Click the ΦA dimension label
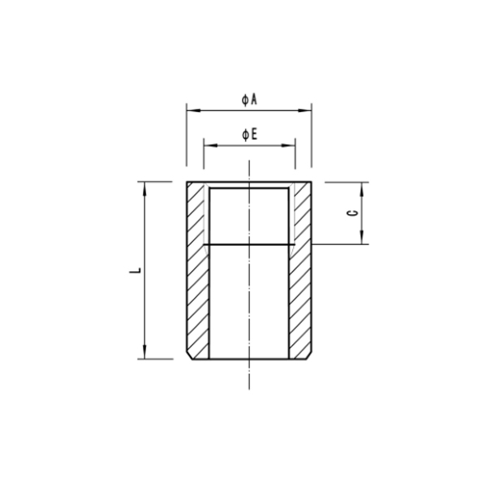249,99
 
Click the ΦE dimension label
249,134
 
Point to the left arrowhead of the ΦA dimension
189,109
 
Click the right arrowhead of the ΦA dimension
309,109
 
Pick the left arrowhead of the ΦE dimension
206,144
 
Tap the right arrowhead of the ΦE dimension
291,144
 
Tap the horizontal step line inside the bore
249,244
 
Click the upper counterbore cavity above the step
249,216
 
